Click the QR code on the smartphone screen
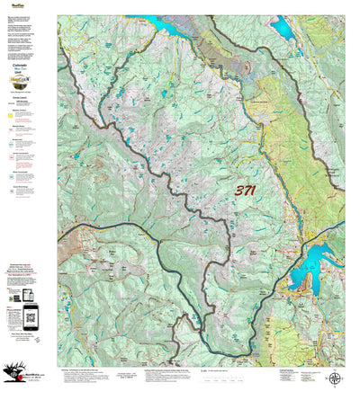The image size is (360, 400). coord(30,314)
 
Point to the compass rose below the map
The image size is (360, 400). coord(334,378)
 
